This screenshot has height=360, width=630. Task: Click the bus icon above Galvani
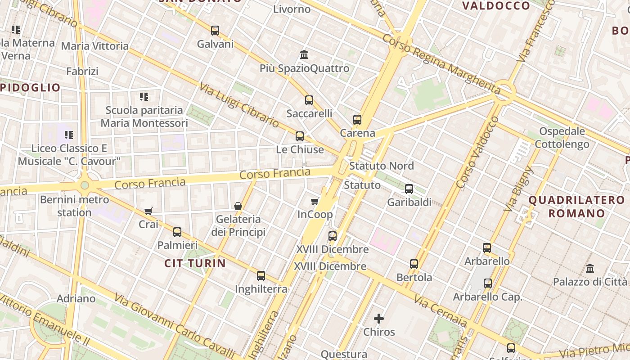pyautogui.click(x=215, y=31)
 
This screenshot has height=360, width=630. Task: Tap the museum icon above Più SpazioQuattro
pyautogui.click(x=304, y=55)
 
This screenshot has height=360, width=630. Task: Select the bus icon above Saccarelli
pyautogui.click(x=309, y=100)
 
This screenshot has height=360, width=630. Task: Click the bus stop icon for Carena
pyautogui.click(x=357, y=120)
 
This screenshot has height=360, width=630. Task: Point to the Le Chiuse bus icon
pyautogui.click(x=300, y=136)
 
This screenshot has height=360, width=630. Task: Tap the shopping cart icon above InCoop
pyautogui.click(x=315, y=201)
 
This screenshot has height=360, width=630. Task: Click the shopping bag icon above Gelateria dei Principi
pyautogui.click(x=238, y=206)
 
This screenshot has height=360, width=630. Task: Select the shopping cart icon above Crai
pyautogui.click(x=148, y=211)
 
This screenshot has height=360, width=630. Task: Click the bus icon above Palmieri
pyautogui.click(x=177, y=232)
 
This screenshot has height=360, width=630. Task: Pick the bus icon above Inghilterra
pyautogui.click(x=261, y=276)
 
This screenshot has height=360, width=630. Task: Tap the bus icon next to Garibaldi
pyautogui.click(x=409, y=189)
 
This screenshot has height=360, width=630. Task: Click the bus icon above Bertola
pyautogui.click(x=414, y=264)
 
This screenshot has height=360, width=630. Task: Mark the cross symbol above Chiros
pyautogui.click(x=379, y=319)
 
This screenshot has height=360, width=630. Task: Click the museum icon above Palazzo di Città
pyautogui.click(x=590, y=269)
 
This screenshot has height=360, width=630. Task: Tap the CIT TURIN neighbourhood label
pyautogui.click(x=195, y=263)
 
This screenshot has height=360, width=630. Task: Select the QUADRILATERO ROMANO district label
pyautogui.click(x=576, y=207)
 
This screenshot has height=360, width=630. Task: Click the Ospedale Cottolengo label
pyautogui.click(x=562, y=138)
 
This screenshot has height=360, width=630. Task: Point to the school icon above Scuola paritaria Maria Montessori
pyautogui.click(x=144, y=96)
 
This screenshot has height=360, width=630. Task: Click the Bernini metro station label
pyautogui.click(x=74, y=206)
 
